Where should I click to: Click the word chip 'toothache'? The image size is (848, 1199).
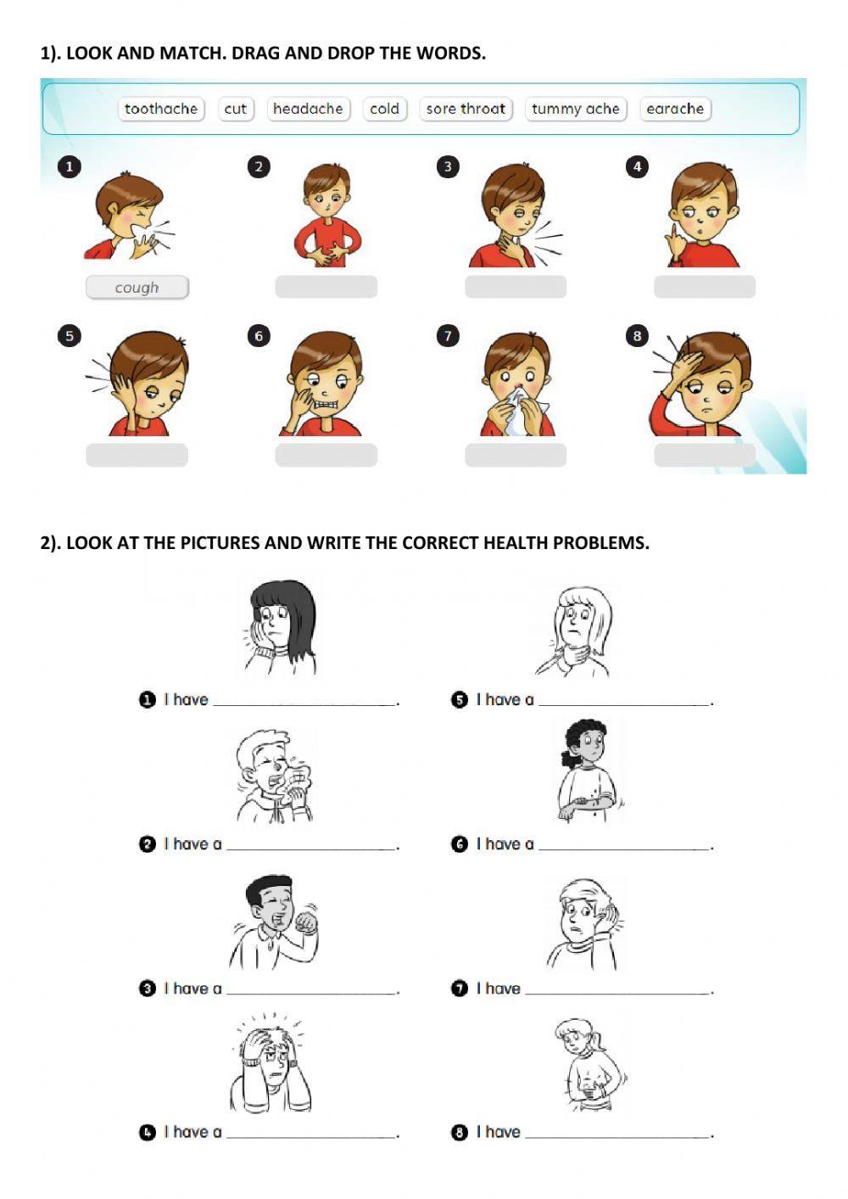161,109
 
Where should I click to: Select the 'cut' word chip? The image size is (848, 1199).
236,109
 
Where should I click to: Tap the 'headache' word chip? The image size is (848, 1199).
308,109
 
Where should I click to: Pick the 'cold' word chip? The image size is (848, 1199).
385,109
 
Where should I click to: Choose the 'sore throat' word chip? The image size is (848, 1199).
466,109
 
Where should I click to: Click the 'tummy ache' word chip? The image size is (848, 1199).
576,109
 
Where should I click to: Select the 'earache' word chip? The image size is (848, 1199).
675,109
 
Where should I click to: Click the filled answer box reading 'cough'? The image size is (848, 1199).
137,288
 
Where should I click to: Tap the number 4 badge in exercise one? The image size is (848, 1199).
637,167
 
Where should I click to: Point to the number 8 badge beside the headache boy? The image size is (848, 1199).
637,336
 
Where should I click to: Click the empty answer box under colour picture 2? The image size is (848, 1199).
326,287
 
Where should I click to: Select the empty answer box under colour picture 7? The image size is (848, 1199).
516,455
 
